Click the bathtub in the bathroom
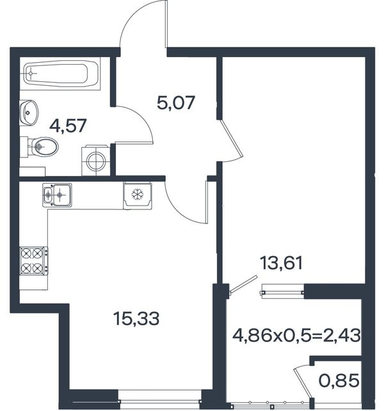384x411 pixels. tap(60, 74)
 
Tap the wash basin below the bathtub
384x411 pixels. tap(29, 113)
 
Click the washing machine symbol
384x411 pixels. tap(96, 160)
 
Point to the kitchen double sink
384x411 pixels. tap(57, 195)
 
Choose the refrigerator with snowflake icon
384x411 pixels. tap(138, 195)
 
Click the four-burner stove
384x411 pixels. tap(34, 261)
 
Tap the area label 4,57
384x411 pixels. tap(68, 126)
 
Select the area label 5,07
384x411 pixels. tap(176, 102)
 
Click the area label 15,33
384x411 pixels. tap(136, 319)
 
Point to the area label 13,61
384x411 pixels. tap(281, 263)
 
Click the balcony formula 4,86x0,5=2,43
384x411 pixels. tap(296, 335)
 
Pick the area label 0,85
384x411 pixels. tap(339, 381)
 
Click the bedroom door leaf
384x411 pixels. tap(231, 138)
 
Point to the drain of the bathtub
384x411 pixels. tap(31, 74)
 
